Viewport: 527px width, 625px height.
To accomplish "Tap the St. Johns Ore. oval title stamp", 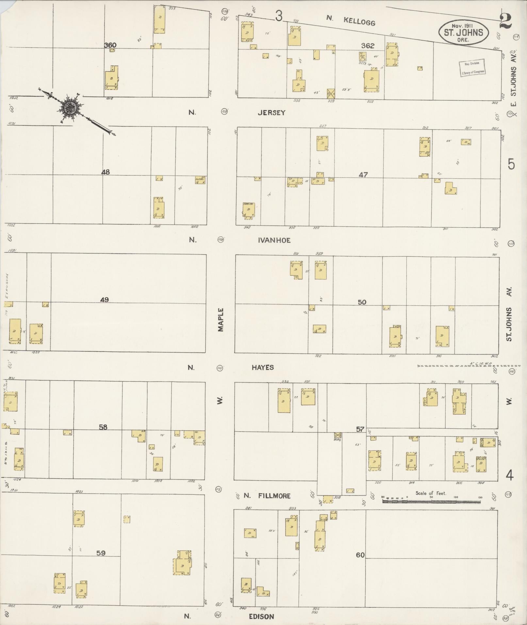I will tap(463, 32).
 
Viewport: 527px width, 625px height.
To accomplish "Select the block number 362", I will tap(368, 46).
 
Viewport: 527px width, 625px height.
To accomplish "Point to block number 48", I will tap(106, 172).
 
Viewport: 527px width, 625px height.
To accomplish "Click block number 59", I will tap(101, 553).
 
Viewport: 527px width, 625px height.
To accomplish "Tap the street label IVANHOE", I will tap(274, 240).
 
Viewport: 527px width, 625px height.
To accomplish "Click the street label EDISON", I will tap(261, 617).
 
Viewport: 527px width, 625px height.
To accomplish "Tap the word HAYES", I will tap(263, 368).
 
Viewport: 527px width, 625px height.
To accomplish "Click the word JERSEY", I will tap(272, 113).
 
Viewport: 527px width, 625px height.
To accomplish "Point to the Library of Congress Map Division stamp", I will tap(472, 68).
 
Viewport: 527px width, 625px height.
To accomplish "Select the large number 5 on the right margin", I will tap(511, 164).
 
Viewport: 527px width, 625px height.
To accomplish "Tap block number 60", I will tap(360, 555).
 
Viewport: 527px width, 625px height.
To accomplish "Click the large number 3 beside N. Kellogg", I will tap(278, 16).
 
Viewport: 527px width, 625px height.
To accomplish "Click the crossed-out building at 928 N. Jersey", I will tap(331, 93).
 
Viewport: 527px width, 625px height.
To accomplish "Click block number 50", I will tap(362, 302).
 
